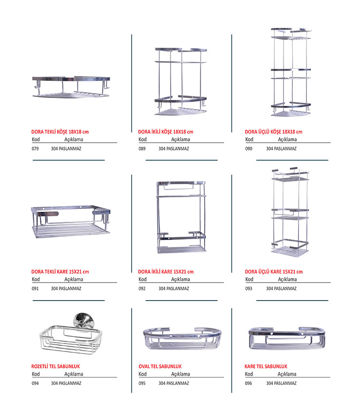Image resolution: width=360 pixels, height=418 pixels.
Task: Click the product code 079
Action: coord(35,149)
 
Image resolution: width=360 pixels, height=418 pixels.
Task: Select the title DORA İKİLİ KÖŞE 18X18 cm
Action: coord(166,132)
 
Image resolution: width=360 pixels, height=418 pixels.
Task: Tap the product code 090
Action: coord(248,149)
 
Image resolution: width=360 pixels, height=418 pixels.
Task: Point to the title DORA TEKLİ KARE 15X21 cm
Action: coord(60,272)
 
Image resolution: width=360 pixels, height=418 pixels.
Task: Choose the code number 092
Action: coord(142,288)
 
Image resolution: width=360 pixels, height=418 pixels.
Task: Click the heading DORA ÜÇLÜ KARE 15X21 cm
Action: coord(274,272)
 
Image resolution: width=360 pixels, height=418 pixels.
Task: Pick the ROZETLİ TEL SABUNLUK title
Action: coord(56,366)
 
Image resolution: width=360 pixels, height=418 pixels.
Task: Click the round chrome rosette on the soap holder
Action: coord(84,320)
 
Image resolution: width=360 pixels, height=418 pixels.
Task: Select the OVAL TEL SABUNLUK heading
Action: coord(160,366)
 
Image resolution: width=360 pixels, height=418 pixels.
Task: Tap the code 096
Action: coord(248,383)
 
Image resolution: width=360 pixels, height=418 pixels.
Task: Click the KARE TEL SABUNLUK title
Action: coord(266,366)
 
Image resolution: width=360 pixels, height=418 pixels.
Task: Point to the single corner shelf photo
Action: coord(71,87)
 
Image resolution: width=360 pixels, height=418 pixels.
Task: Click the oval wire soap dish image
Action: coord(182,339)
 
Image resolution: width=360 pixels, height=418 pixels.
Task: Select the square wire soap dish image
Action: coord(287,338)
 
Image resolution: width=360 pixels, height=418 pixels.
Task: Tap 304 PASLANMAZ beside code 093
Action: coord(281,288)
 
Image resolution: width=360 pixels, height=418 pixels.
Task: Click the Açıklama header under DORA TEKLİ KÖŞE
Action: coord(74,139)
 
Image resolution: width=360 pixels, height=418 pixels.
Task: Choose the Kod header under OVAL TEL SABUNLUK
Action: coord(142,374)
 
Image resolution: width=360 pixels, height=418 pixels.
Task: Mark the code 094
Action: coord(35,383)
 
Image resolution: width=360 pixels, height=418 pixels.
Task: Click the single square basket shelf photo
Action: coord(71,222)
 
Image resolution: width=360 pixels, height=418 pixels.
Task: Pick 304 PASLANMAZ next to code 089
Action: coord(174,149)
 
